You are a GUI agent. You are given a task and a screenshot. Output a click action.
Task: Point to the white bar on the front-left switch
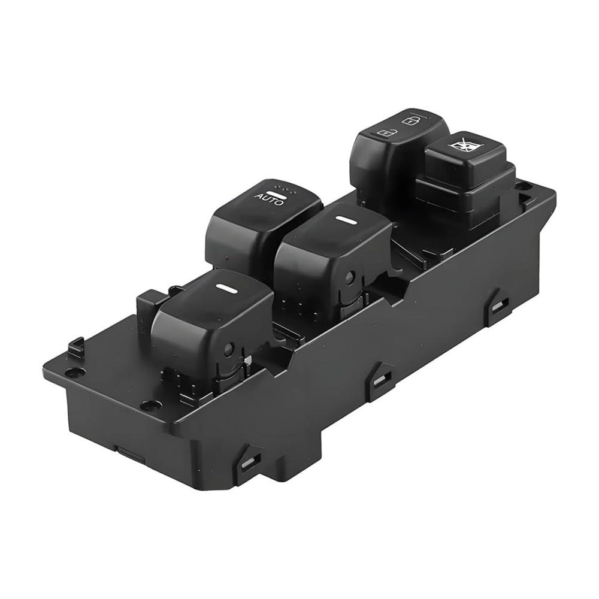tap(227, 288)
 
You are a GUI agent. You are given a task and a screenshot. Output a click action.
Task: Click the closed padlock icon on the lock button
tap(409, 121)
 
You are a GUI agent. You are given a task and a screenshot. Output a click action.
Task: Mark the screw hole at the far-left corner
tap(74, 372)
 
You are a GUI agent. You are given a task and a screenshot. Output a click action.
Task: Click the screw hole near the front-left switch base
tap(150, 406)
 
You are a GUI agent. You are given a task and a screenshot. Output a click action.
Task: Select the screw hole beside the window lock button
tap(523, 186)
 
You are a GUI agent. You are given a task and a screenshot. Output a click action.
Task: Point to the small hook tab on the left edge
tap(75, 346)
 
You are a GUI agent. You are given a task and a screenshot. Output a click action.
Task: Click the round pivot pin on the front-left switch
tap(228, 350)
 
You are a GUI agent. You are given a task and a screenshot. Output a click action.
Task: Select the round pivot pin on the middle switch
tap(350, 277)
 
